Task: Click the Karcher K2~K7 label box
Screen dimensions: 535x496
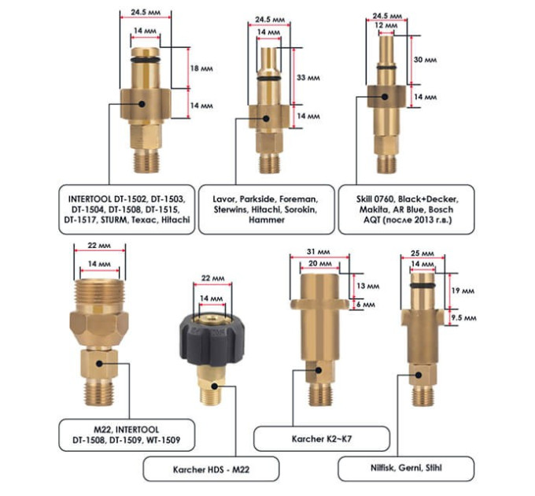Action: pos(322,439)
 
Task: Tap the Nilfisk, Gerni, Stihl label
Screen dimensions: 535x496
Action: pos(406,468)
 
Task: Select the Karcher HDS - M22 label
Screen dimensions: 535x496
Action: pos(211,469)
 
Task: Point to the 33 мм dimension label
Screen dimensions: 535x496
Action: pos(308,78)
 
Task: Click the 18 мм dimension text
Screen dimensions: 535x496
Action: pos(201,68)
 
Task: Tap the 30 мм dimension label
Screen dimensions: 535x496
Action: pos(425,60)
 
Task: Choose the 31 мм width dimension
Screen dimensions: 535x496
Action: pos(318,252)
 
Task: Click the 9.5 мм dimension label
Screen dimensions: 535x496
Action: pos(463,318)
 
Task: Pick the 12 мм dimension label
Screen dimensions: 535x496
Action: pos(386,26)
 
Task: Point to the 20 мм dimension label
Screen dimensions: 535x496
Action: pos(319,264)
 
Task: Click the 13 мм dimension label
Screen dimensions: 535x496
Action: pos(368,286)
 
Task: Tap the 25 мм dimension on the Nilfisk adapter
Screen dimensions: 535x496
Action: pos(422,254)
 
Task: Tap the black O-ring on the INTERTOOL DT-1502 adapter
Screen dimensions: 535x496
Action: pos(145,61)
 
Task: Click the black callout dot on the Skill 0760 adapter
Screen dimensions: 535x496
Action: pos(385,97)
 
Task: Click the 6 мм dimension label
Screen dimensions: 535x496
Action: pos(365,304)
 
